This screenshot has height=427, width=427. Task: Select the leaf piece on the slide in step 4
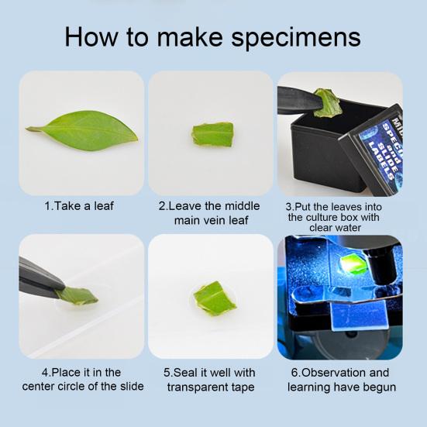click(80, 294)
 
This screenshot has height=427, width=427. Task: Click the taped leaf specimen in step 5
click(215, 296)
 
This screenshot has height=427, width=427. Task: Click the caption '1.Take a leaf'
click(81, 207)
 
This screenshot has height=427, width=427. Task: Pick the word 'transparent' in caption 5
click(195, 386)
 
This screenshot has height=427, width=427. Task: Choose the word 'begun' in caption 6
click(376, 386)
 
